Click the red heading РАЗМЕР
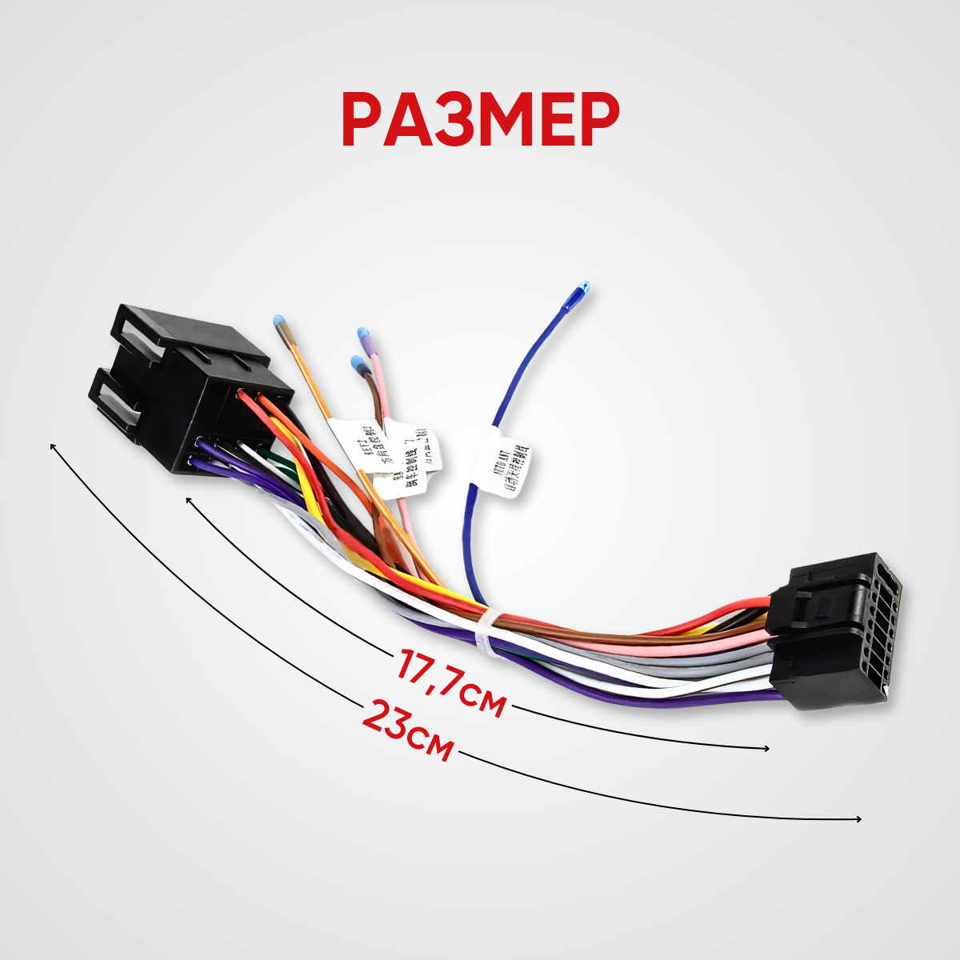click(x=480, y=120)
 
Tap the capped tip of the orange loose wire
click(x=278, y=322)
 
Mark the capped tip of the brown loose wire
click(x=357, y=363)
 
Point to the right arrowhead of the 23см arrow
click(x=859, y=819)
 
